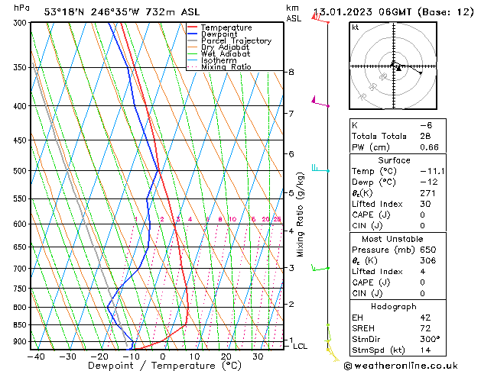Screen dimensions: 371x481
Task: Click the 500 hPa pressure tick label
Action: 18,171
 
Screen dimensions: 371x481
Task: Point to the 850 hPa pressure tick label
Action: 18,325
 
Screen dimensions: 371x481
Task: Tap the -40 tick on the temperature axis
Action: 35,356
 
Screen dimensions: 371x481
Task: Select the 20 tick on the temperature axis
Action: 226,356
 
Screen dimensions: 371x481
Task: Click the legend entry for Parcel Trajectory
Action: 236,41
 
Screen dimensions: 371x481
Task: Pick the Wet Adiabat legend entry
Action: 224,54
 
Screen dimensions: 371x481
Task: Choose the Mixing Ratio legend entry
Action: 226,67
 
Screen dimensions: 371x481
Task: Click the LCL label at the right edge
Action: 301,346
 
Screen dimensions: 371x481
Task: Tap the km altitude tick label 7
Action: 290,114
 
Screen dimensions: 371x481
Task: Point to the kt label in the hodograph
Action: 356,27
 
